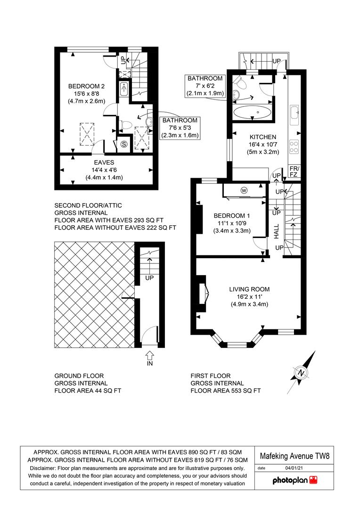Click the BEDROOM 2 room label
tap(86, 86)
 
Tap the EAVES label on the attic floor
tap(104, 162)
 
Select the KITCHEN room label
tap(263, 137)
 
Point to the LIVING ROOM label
tap(249, 289)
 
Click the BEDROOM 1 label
tap(232, 216)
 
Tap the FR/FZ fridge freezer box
tap(295, 172)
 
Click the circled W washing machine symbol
tap(244, 190)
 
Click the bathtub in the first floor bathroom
tap(253, 113)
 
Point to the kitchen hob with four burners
tap(294, 147)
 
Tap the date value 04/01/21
tap(294, 468)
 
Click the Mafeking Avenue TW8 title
tap(295, 456)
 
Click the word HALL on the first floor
tap(276, 231)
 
